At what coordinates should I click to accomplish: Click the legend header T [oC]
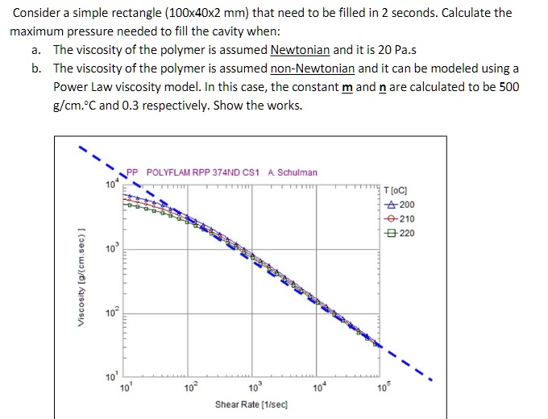(398, 190)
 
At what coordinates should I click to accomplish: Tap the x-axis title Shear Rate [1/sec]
(251, 403)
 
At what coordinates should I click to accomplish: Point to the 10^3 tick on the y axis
(110, 248)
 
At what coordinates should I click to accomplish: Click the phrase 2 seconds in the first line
(394, 14)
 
